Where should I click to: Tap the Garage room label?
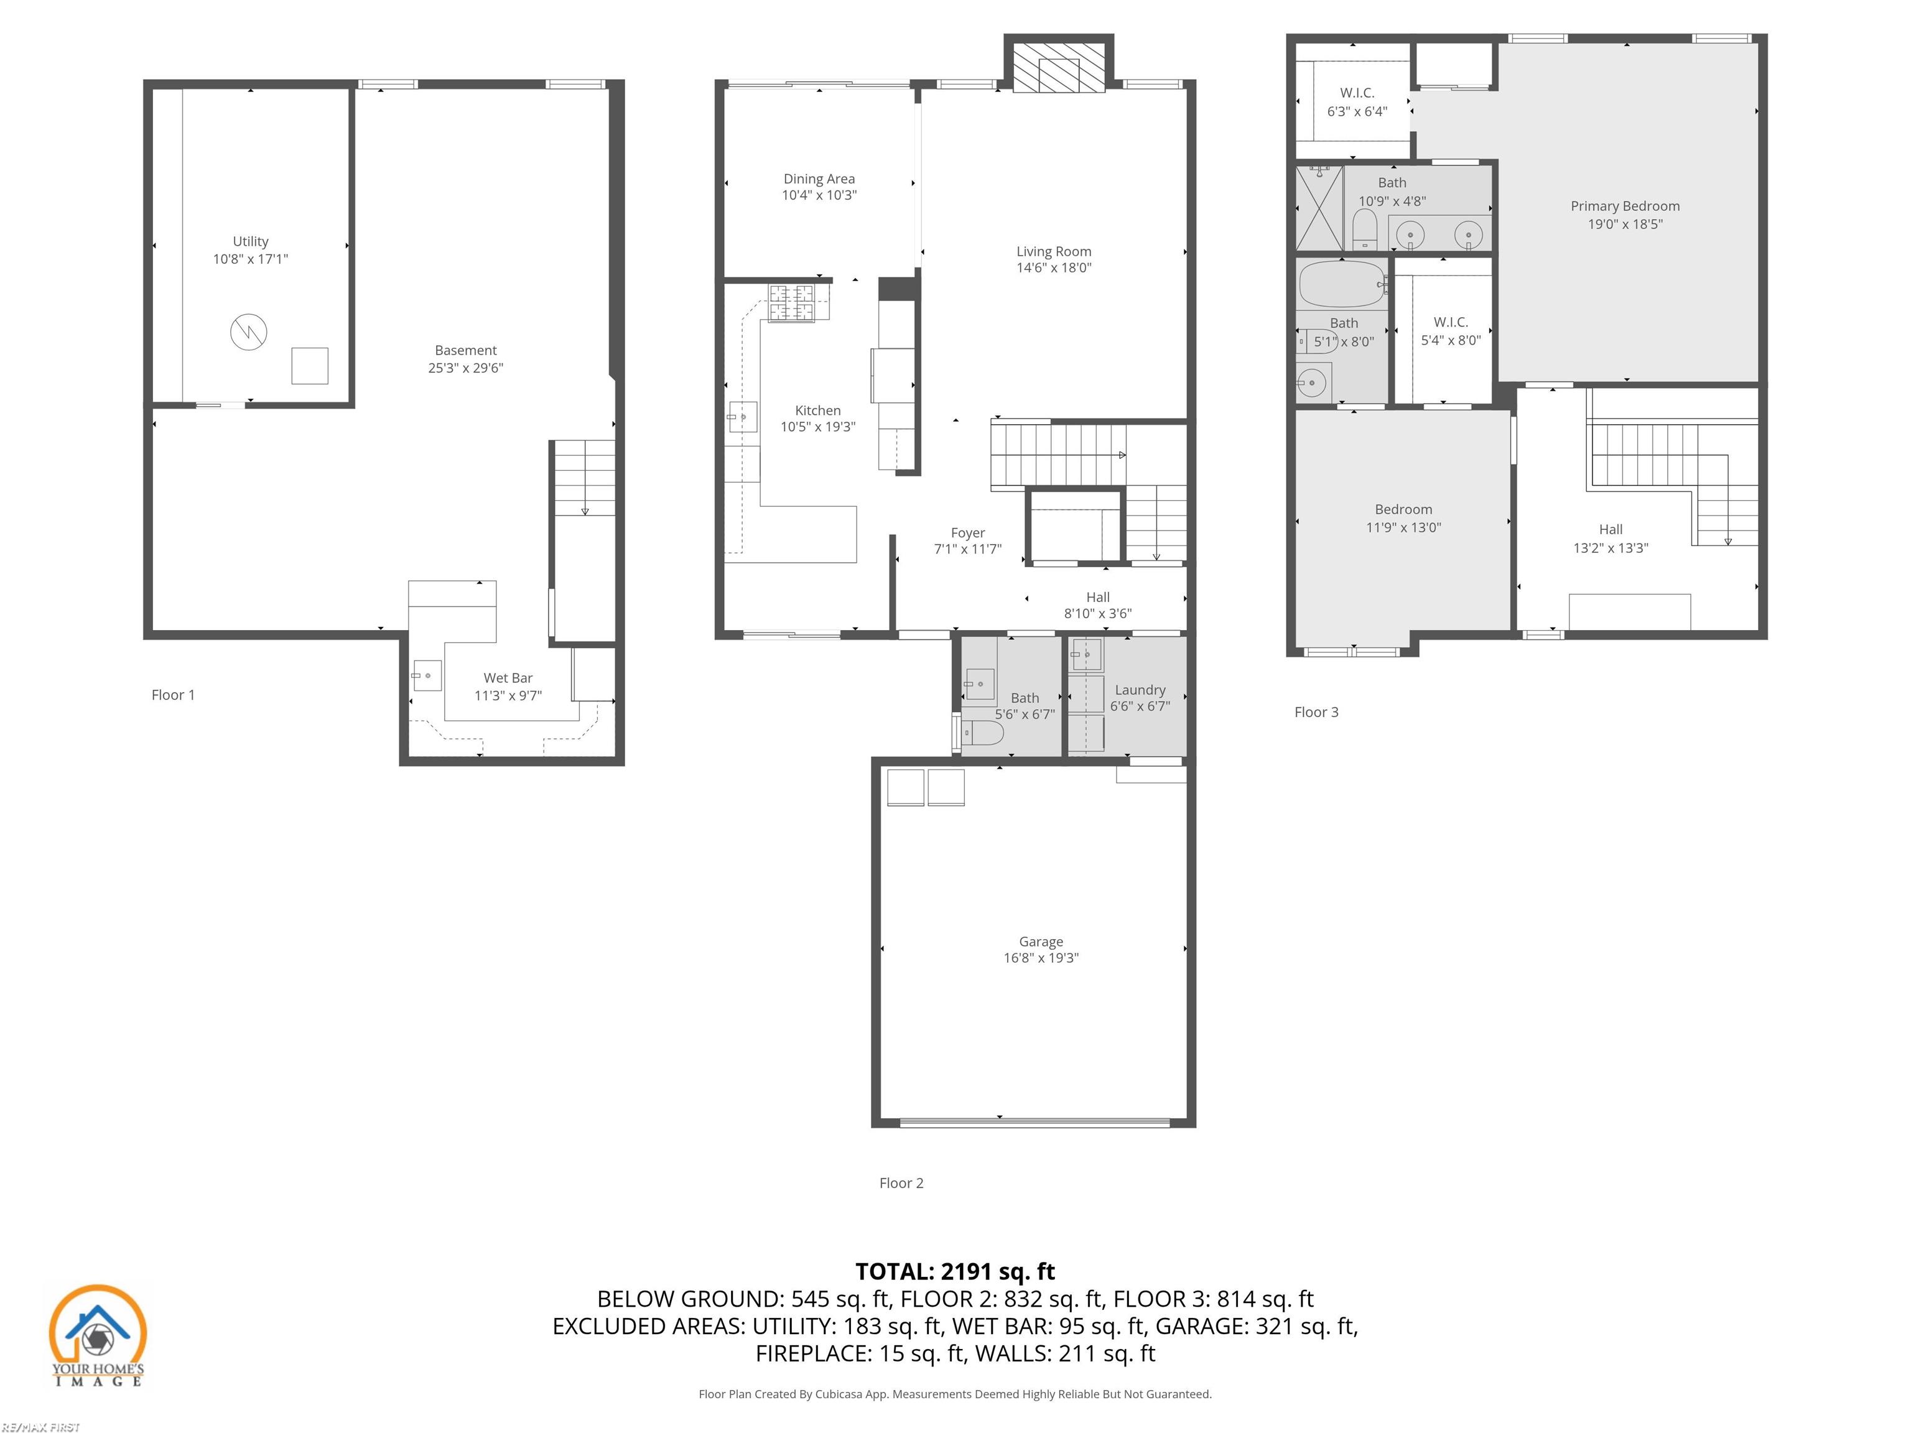point(1040,942)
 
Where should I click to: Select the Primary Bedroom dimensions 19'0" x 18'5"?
point(1624,224)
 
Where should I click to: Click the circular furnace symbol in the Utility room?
point(248,332)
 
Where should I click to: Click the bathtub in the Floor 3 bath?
point(1341,284)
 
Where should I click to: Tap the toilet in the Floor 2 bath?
point(982,733)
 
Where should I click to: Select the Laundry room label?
point(1140,689)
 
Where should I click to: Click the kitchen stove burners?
point(791,302)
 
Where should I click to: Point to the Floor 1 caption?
point(173,695)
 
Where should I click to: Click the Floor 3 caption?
point(1316,712)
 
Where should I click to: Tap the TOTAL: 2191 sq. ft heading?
point(955,1271)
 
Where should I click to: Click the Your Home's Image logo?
point(98,1335)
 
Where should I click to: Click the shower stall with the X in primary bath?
point(1319,209)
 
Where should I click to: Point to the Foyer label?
point(967,533)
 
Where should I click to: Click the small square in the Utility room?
point(309,365)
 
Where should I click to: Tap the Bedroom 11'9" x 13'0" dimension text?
point(1403,527)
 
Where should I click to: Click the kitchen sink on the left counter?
point(742,417)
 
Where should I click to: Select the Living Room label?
point(1053,251)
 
